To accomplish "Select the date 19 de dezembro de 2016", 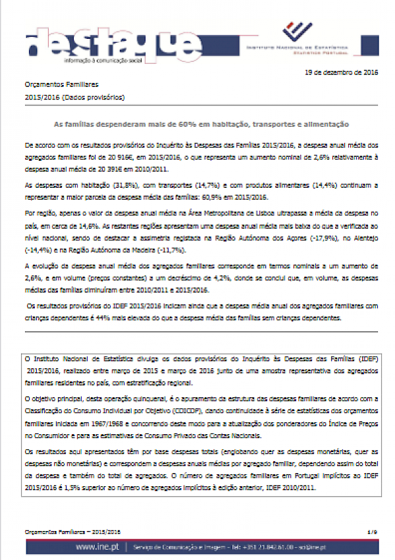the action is tap(342, 73).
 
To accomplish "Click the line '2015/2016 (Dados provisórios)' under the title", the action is tap(74, 98).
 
